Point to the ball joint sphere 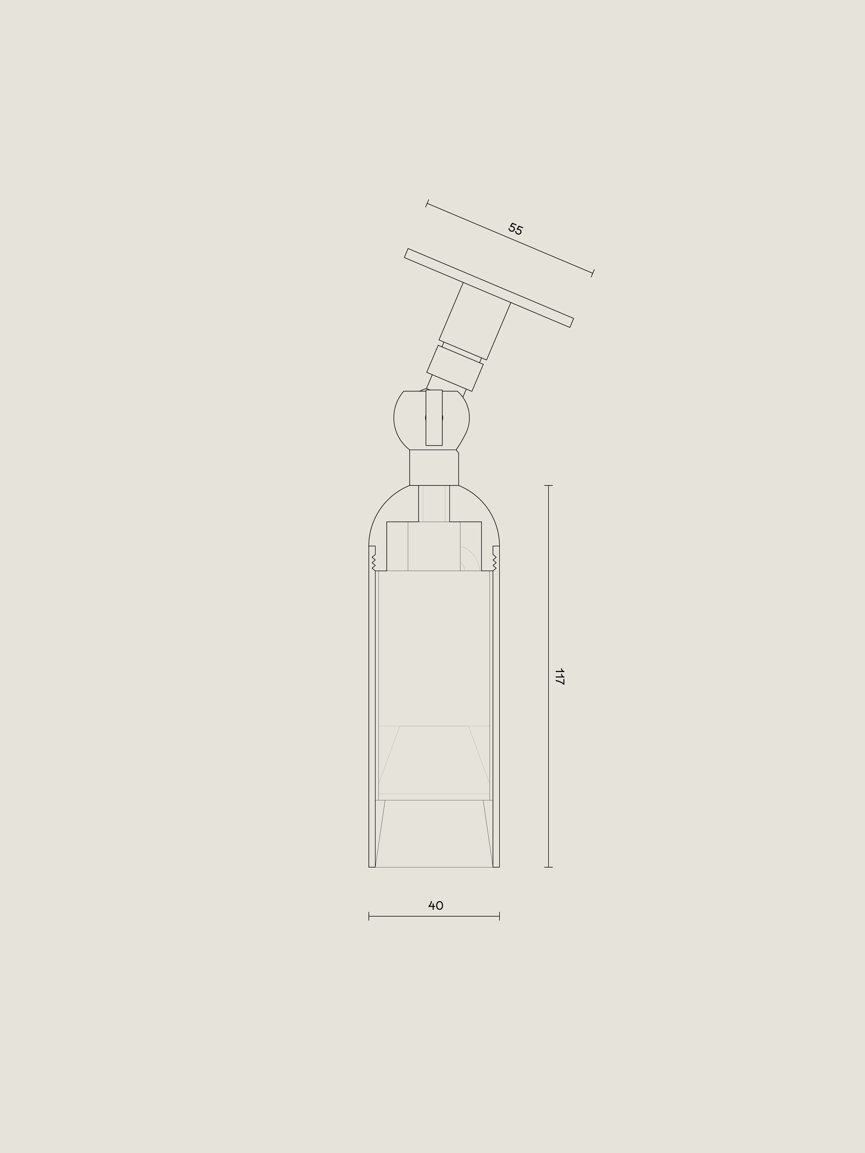click(x=432, y=420)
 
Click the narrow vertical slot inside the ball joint click(x=434, y=418)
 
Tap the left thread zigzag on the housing click(x=373, y=561)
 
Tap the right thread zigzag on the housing click(x=494, y=561)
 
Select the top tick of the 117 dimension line click(x=548, y=485)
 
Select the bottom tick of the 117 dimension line click(x=548, y=867)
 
